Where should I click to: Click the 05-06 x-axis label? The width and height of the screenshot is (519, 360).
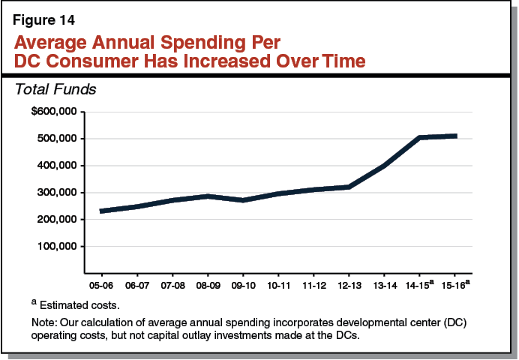(x=100, y=285)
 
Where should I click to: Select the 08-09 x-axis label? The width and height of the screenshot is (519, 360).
(x=207, y=285)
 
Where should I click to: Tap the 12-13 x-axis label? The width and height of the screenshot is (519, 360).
(x=349, y=285)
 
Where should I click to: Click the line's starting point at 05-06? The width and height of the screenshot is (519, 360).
(x=100, y=211)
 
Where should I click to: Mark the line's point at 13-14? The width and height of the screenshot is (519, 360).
(x=385, y=166)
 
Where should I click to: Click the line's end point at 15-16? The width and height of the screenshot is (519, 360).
(x=455, y=136)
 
